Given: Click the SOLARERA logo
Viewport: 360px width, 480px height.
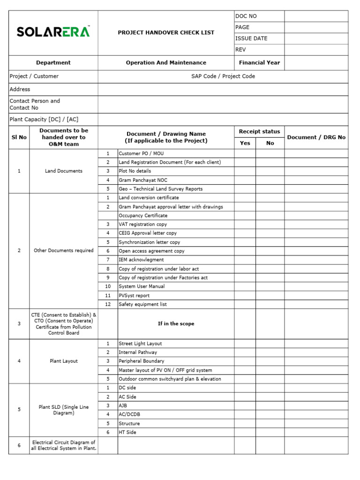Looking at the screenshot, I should tap(53, 32).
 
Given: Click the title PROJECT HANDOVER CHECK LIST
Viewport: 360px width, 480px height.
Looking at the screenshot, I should tap(165, 33).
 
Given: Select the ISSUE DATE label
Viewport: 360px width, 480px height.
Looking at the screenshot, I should tap(251, 38).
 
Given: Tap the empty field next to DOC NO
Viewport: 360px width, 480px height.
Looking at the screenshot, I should tap(316, 16).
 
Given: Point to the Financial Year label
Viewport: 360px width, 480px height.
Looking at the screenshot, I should tap(259, 63).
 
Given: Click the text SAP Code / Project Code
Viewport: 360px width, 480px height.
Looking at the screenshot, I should tap(223, 76).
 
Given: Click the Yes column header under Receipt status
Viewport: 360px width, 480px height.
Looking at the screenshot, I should tap(245, 143).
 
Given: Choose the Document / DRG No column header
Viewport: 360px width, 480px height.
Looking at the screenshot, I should tap(316, 137).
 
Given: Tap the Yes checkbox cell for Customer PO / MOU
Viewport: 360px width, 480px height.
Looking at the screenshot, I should tap(245, 154).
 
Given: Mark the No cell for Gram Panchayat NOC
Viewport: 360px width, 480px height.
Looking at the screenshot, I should tap(270, 180).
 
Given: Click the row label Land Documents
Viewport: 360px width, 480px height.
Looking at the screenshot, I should tap(63, 171).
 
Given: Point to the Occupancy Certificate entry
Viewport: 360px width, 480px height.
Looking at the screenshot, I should tap(143, 216).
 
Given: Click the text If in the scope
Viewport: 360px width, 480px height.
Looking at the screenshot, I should tap(176, 324).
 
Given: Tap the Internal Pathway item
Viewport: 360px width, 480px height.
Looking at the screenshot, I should tap(138, 352).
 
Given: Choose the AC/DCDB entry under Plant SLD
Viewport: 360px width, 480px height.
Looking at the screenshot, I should tap(129, 414).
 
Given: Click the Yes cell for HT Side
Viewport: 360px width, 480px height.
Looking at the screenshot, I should tap(245, 432).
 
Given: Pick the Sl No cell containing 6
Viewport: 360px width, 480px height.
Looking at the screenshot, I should tap(19, 445).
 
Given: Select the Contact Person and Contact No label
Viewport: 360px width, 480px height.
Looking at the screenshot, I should tap(35, 104).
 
